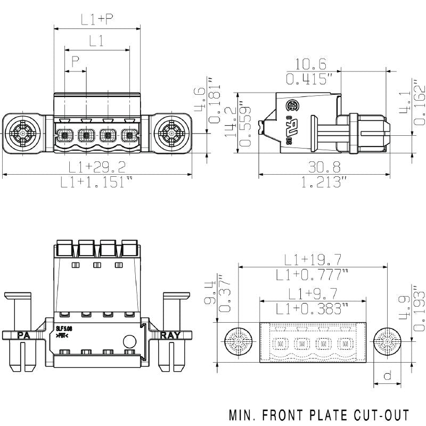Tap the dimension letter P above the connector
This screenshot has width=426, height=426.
click(76, 62)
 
